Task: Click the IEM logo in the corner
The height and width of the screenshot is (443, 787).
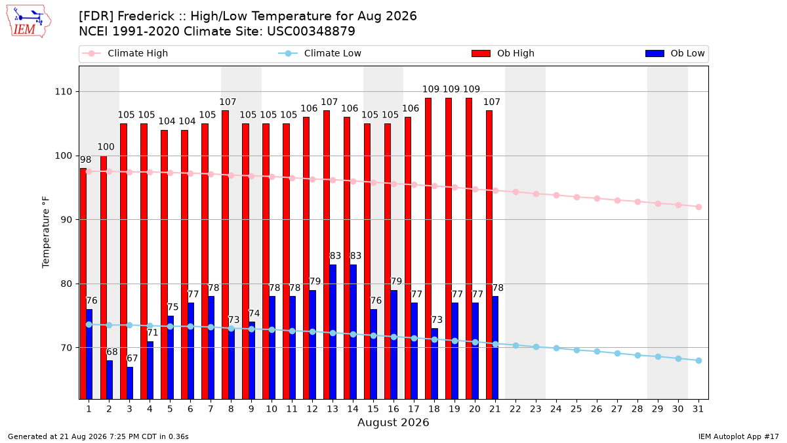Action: pos(28,22)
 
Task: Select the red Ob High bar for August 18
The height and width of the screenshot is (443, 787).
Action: pos(428,248)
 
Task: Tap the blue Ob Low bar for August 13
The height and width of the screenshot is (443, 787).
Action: pos(333,331)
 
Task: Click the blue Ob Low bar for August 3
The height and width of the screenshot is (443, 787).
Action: pos(130,383)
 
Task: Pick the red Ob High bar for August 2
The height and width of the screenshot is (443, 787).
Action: pos(104,278)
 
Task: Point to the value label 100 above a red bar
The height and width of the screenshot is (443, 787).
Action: pos(106,146)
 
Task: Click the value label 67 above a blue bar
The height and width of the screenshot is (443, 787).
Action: pos(132,358)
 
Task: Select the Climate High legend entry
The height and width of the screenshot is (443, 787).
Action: pos(125,53)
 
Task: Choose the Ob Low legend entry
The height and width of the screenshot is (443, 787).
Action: pos(675,53)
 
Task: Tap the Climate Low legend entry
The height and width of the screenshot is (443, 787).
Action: pos(320,53)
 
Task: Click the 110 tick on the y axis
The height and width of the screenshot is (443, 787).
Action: pos(63,92)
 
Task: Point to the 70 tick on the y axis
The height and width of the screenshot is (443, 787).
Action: pos(66,348)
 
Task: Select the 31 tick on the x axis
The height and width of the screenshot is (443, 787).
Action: pos(698,409)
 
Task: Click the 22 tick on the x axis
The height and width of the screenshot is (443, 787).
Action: pos(515,409)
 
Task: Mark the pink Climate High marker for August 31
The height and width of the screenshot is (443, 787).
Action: pos(698,207)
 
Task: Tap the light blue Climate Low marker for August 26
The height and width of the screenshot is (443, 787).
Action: pos(597,352)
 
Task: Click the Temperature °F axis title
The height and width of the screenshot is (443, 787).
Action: pos(46,232)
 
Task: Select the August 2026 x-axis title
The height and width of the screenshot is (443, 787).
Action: pos(393,422)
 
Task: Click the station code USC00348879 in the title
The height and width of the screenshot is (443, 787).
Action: pos(311,32)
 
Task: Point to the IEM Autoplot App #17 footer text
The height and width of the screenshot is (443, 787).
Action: pos(738,436)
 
